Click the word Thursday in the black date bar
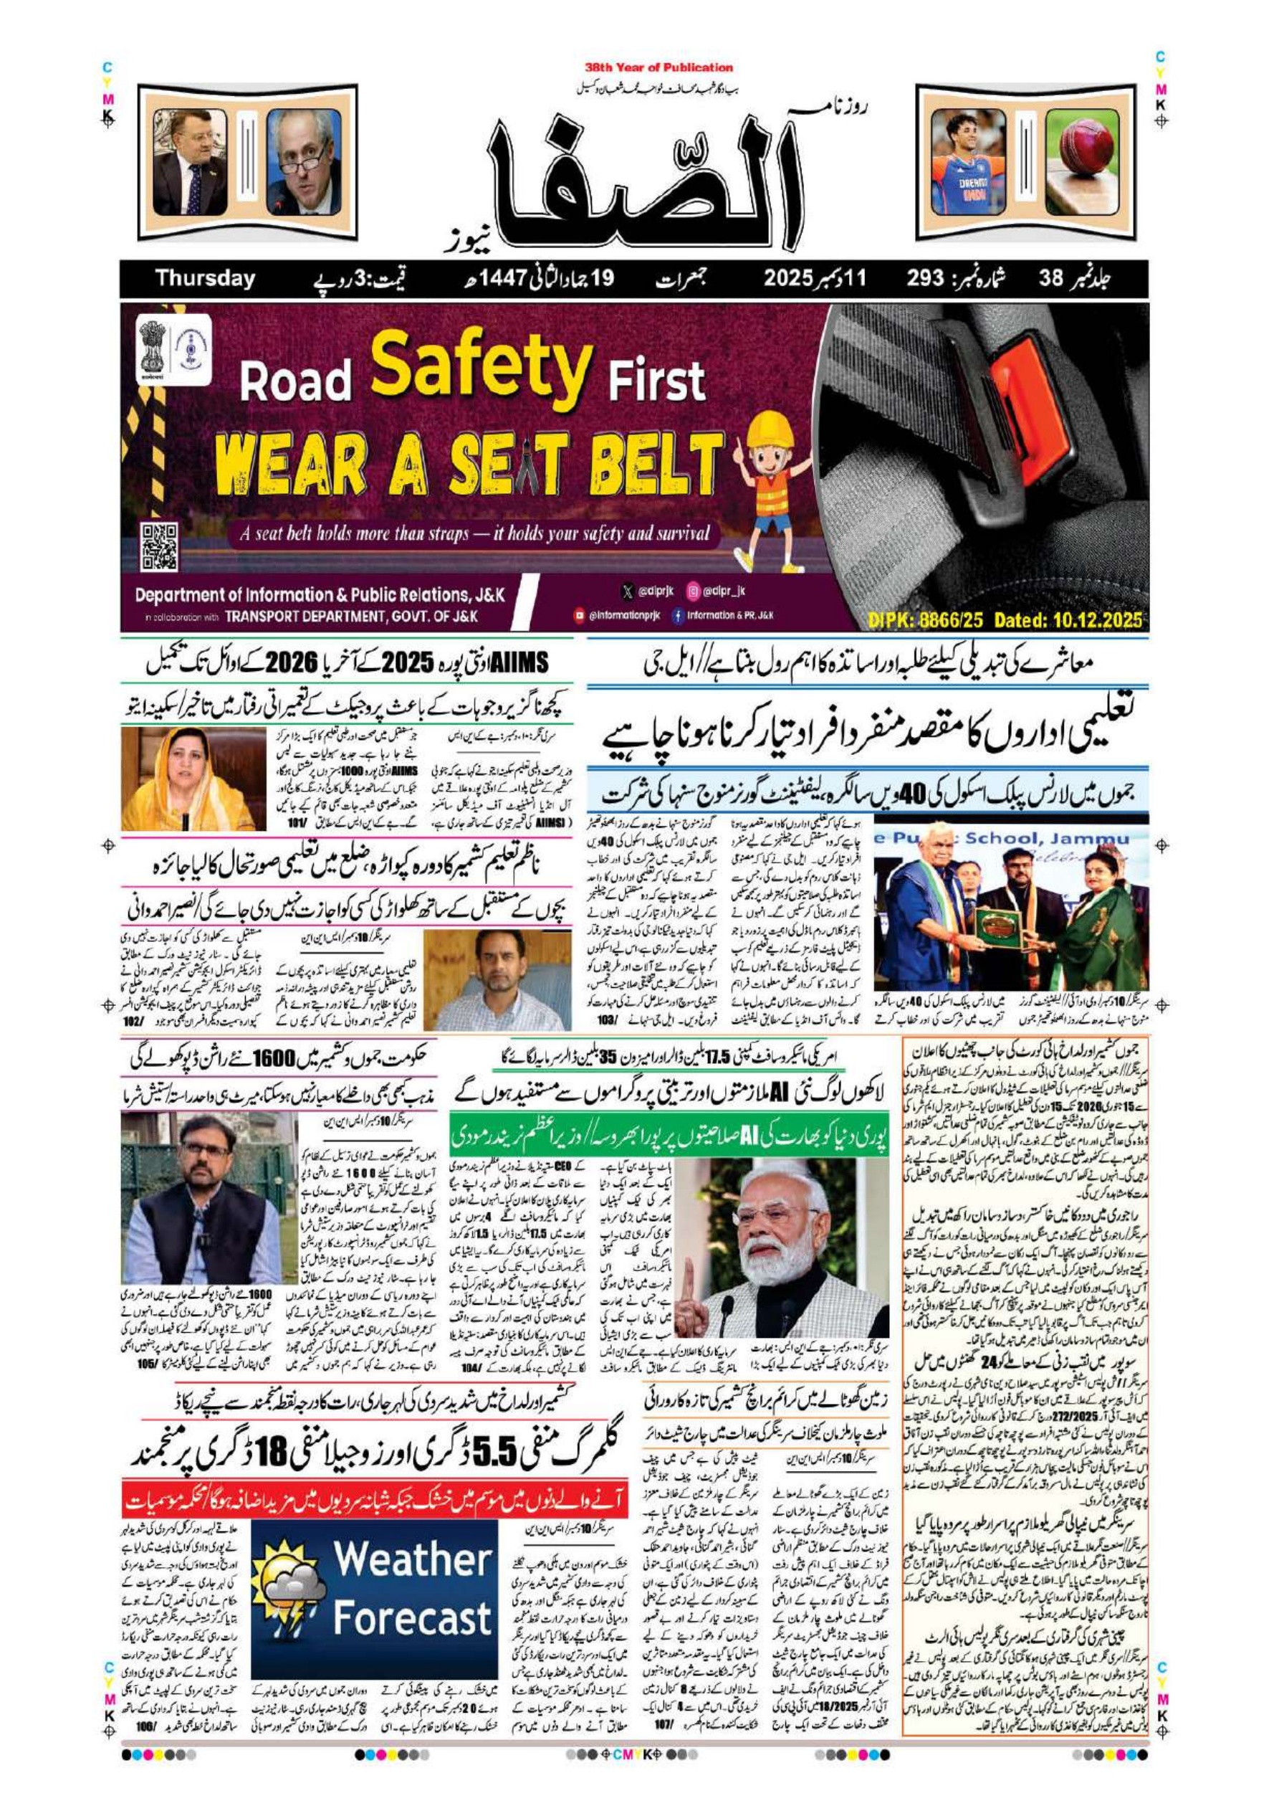pyautogui.click(x=205, y=278)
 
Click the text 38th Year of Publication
pyautogui.click(x=658, y=68)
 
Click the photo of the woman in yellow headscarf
pyautogui.click(x=188, y=779)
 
